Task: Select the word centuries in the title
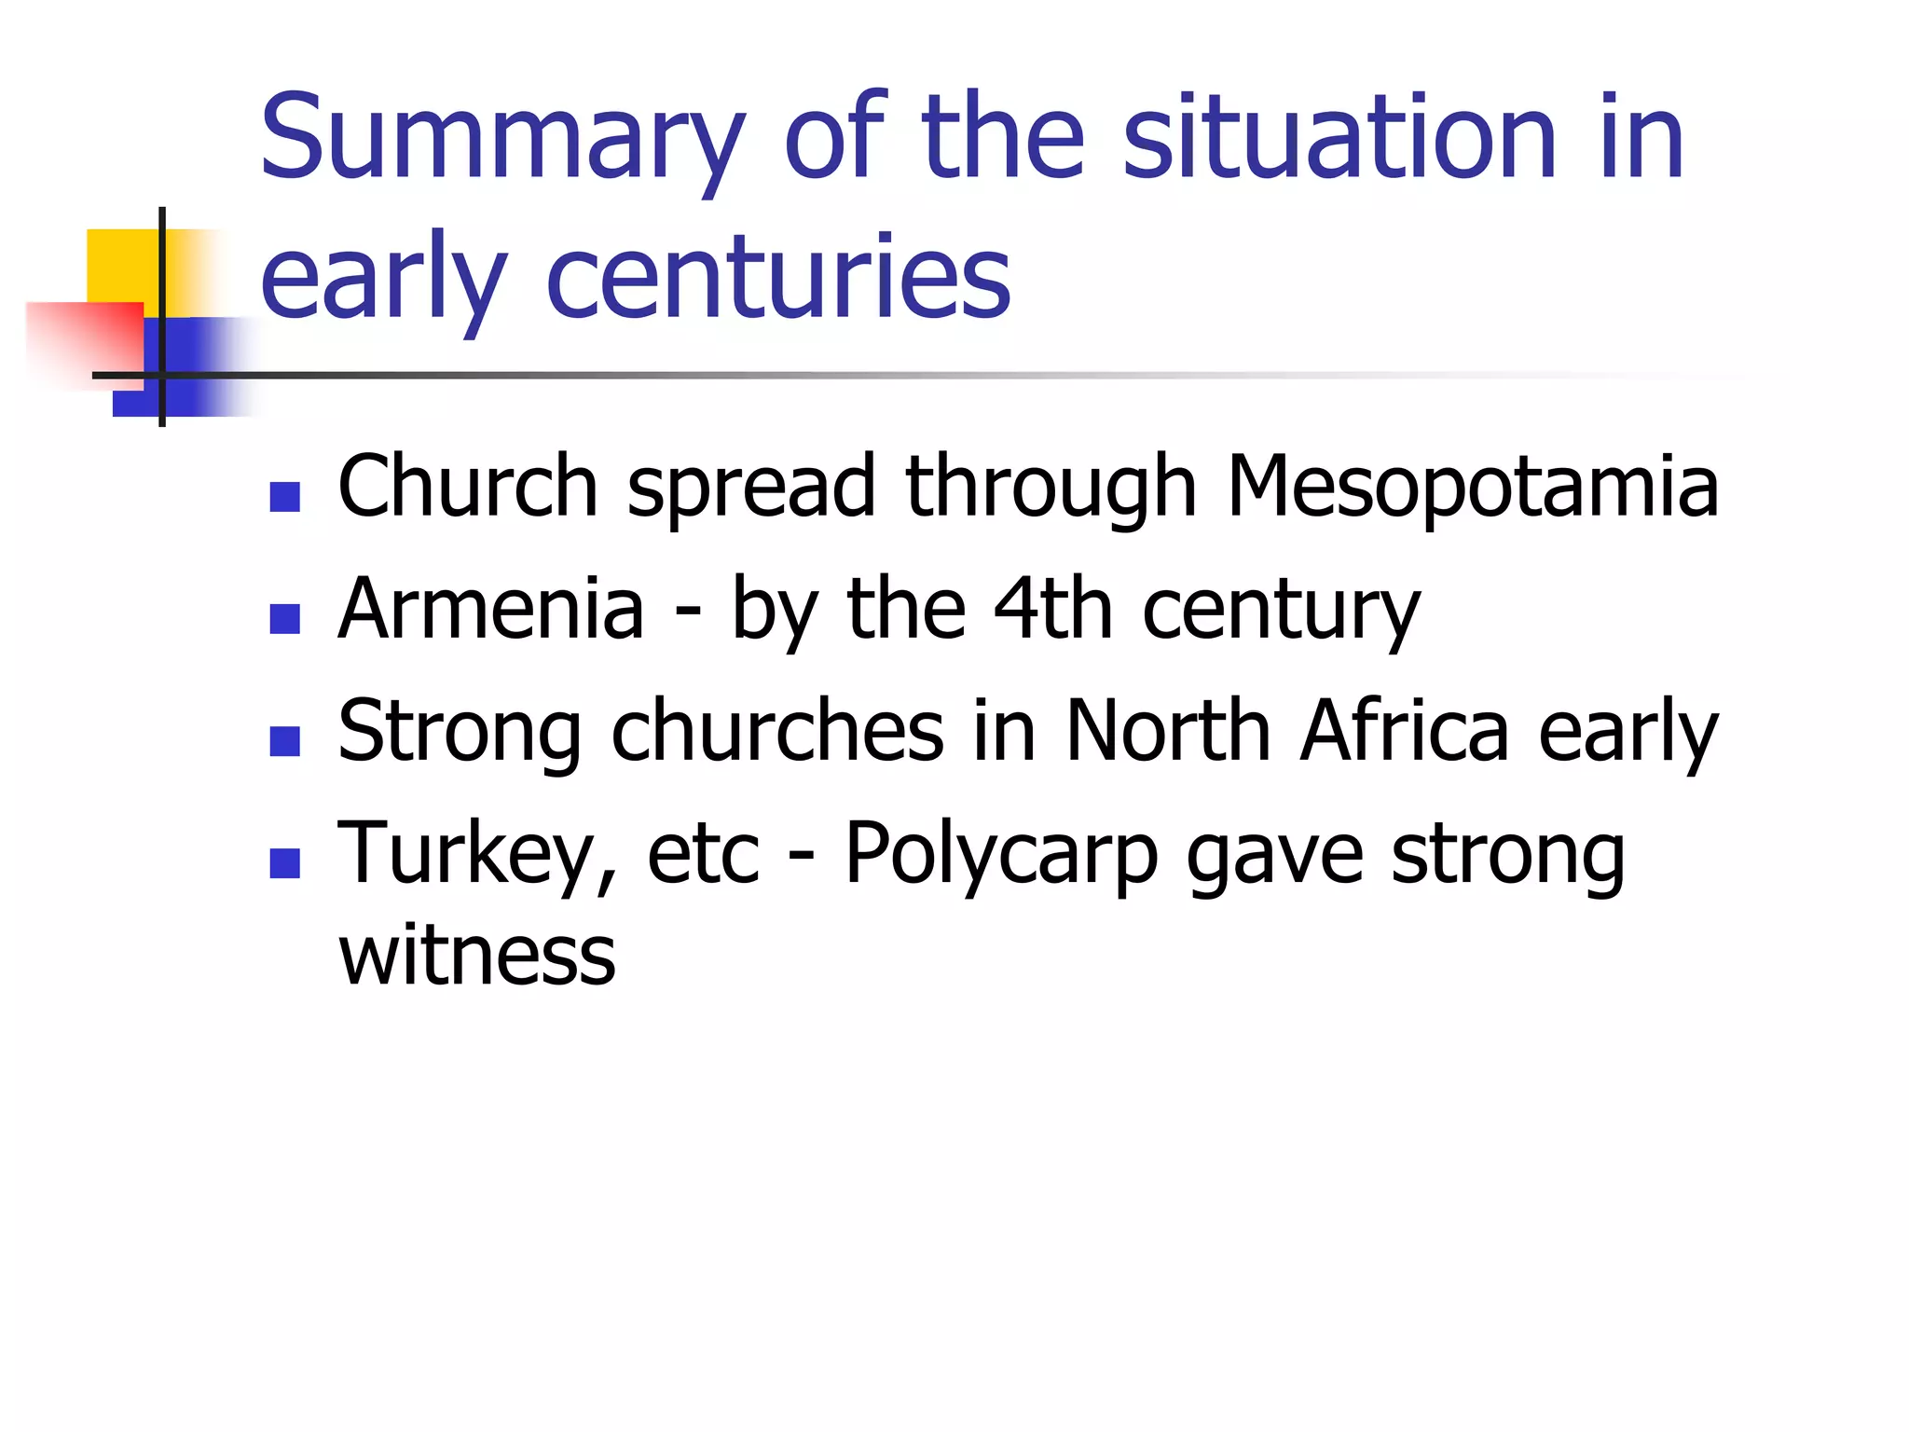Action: [x=777, y=277]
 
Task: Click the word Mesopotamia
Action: [x=1472, y=486]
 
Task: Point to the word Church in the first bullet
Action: [x=467, y=486]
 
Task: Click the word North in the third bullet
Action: [x=1168, y=731]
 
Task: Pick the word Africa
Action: [x=1404, y=731]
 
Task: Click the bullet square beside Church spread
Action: [x=284, y=496]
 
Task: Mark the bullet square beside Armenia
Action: [x=284, y=619]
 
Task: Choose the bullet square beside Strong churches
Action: [x=284, y=741]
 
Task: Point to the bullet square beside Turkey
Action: [x=284, y=863]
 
